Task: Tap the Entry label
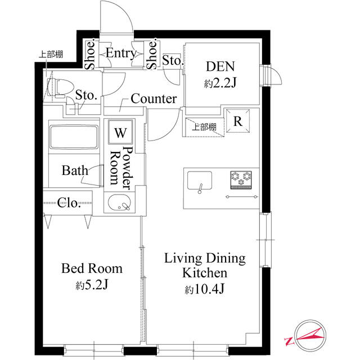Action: coord(120,54)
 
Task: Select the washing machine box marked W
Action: coord(120,133)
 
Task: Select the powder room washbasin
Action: coord(119,203)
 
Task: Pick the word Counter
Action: coord(154,99)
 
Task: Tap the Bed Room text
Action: coord(92,268)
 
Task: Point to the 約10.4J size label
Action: coord(204,290)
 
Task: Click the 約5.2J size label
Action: coord(92,285)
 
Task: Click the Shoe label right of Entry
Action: coord(151,55)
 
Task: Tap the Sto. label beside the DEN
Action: coord(172,60)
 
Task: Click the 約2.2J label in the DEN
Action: coord(220,83)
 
